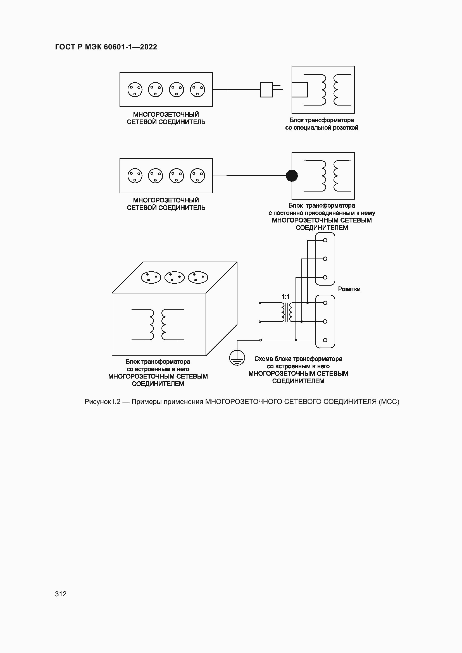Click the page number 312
[x=61, y=594]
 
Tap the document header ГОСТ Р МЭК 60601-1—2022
[x=106, y=47]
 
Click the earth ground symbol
[x=237, y=358]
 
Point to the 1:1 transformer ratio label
[x=285, y=297]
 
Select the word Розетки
[x=349, y=289]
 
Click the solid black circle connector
[x=292, y=176]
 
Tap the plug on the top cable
[x=267, y=90]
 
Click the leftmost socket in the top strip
[x=135, y=90]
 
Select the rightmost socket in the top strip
[x=197, y=90]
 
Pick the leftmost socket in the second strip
[x=135, y=176]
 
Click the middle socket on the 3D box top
[x=174, y=278]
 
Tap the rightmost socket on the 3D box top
[x=198, y=278]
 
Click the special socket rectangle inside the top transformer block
[x=299, y=90]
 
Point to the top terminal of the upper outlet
[x=325, y=240]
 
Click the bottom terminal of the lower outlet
[x=325, y=340]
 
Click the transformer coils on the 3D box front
[x=157, y=324]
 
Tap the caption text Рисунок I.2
[x=103, y=401]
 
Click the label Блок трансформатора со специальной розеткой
[x=322, y=124]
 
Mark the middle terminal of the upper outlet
[x=325, y=259]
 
